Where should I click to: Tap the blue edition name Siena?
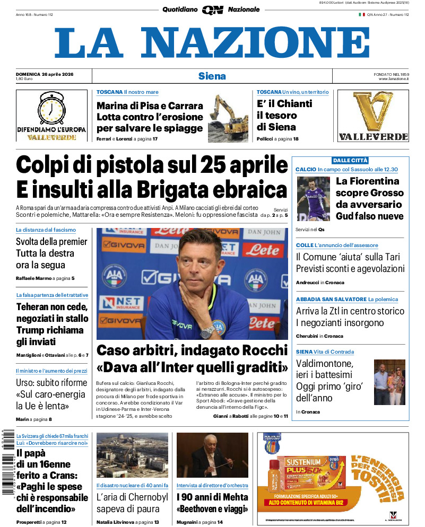(212, 76)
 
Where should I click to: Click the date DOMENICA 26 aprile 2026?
(45, 74)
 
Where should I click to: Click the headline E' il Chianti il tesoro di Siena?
(284, 116)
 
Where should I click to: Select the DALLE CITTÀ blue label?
(350, 160)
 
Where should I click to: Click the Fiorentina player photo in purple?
(313, 199)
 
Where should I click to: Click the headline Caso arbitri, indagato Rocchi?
(192, 350)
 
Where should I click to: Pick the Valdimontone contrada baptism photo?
(389, 382)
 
